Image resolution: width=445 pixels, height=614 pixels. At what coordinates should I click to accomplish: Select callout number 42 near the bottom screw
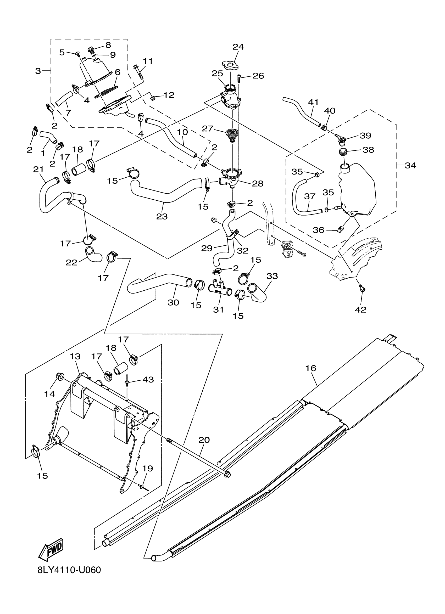coord(360,309)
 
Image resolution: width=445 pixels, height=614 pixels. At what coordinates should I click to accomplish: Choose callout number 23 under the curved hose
coord(162,216)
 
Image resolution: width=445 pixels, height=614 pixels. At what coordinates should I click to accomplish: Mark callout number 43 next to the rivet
coord(148,380)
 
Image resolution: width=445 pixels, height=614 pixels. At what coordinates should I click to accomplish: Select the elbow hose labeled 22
coord(93,255)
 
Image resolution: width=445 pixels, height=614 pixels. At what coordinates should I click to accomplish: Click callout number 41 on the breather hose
coord(313,102)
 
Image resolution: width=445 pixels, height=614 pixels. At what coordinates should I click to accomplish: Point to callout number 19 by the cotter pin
coord(147,468)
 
